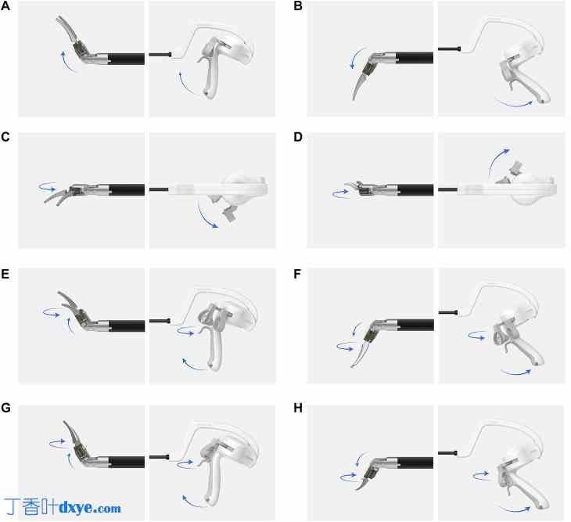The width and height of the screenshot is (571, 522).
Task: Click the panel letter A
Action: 5,5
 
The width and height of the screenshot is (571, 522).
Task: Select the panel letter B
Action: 298,5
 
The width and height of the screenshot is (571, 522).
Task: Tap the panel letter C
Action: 5,137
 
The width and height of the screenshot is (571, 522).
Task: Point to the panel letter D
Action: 298,137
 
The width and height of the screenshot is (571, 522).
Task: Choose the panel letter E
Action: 5,274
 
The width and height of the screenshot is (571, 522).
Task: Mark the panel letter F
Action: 297,274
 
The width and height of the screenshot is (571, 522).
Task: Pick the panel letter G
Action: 5,408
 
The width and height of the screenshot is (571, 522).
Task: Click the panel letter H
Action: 298,408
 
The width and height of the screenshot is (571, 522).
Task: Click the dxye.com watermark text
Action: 90,507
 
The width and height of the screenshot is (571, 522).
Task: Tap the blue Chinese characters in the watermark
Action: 31,506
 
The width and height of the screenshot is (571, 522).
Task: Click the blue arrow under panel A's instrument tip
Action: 67,62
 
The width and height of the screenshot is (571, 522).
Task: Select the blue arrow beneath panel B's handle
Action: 513,103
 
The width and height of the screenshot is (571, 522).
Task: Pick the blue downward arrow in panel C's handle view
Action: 206,216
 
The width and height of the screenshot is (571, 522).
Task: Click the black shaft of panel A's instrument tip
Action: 126,59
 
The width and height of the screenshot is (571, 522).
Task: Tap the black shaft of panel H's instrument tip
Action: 415,463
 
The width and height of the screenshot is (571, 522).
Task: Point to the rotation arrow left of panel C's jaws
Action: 48,187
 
